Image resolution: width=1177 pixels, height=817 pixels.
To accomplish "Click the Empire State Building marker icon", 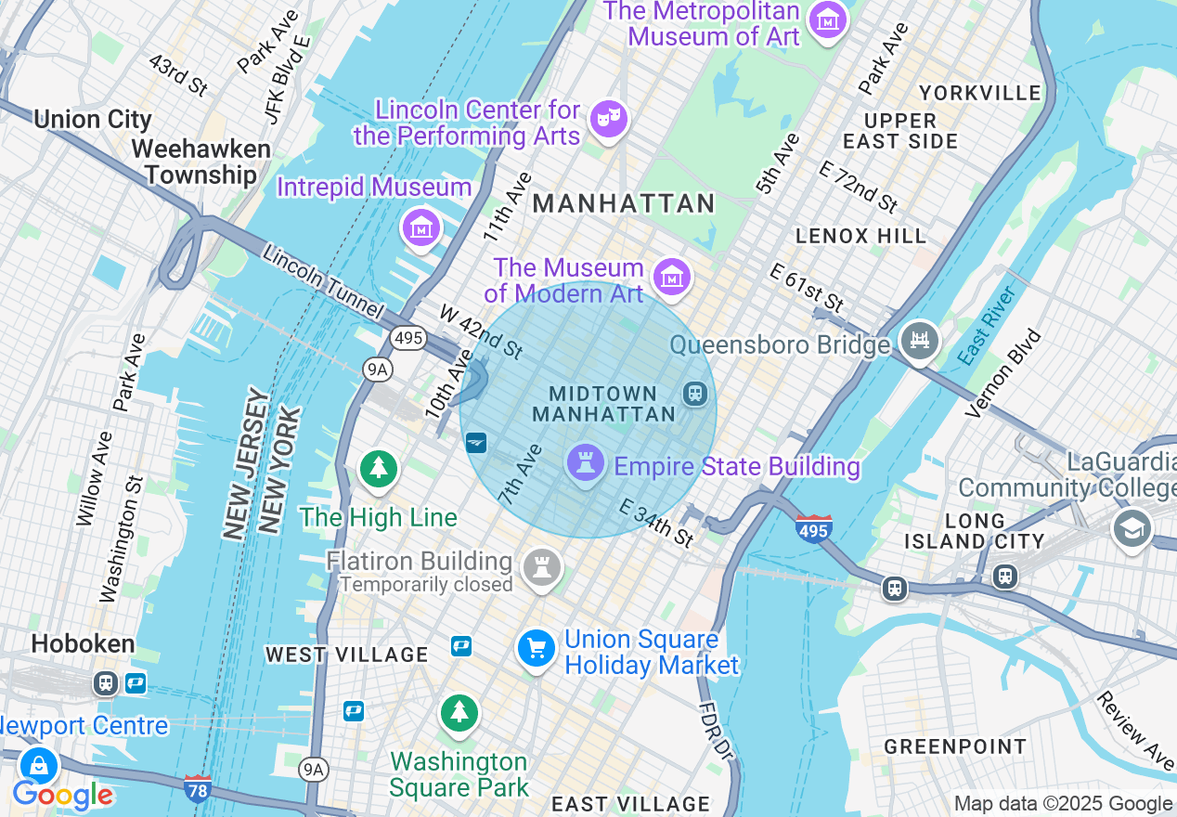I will pos(585,463).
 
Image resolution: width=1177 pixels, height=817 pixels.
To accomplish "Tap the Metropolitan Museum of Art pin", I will pos(827,19).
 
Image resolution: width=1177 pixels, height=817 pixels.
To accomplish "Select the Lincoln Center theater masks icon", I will pos(608,119).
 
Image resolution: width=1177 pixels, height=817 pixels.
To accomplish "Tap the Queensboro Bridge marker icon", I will pos(919,342).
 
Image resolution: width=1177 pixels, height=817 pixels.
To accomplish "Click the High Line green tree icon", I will pos(378,469).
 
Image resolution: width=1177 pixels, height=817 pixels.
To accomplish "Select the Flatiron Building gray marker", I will pos(541,566).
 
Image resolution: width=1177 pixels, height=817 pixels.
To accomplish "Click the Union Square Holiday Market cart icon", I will pos(537,647).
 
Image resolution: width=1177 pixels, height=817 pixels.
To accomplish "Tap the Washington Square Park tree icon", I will pos(459,713).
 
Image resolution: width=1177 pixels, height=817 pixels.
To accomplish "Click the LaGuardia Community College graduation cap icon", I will pos(1132,529).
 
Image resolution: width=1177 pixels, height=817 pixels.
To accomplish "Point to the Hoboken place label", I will pos(83,643).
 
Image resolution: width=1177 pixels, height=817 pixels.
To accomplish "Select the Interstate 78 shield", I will pos(197,786).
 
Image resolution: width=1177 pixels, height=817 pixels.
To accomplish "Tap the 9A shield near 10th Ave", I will pos(377,370).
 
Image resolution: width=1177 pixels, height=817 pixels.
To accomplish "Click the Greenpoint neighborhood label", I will pos(955,746).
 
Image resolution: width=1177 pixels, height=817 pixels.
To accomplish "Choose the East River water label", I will pos(988,326).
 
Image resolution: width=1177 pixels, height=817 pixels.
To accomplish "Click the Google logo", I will pos(62,795).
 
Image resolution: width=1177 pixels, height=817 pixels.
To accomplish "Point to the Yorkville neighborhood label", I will pos(980,93).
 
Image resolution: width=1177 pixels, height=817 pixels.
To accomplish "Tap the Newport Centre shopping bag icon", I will pos(39,765).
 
